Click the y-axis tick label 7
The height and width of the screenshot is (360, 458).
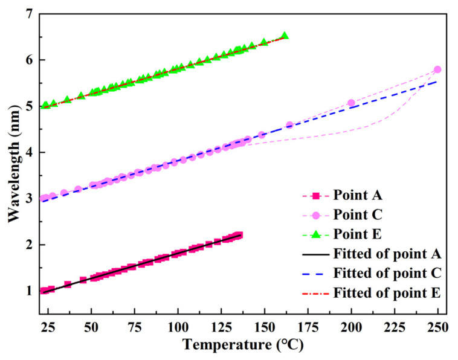click(x=27, y=14)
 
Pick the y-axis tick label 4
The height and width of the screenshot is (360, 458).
click(x=27, y=152)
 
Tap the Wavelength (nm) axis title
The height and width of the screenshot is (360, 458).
click(x=11, y=152)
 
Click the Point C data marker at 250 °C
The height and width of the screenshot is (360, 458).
click(x=437, y=69)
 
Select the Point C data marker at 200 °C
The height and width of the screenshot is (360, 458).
click(x=351, y=103)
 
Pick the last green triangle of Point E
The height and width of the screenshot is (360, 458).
click(x=285, y=36)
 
